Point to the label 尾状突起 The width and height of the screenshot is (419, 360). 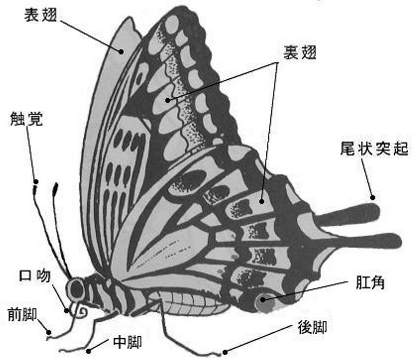pyautogui.click(x=374, y=149)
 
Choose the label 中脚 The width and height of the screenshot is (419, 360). pyautogui.click(x=127, y=341)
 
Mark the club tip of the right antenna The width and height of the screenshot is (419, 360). pyautogui.click(x=54, y=188)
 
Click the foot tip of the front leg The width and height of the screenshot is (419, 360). pyautogui.click(x=50, y=333)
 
